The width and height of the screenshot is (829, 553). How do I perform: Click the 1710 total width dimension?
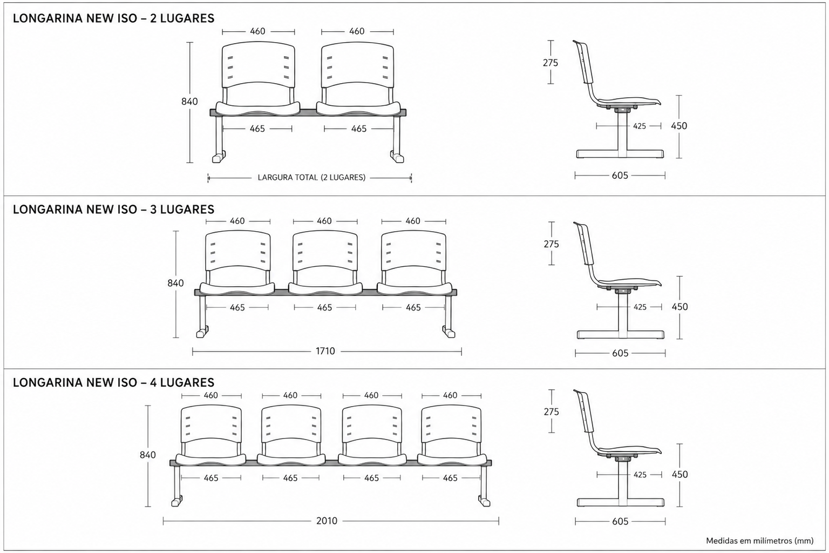(325, 351)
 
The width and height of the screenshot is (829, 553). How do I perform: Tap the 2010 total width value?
(327, 521)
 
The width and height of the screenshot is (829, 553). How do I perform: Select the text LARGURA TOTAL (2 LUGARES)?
(311, 178)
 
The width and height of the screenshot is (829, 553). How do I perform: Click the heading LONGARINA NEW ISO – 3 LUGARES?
(114, 210)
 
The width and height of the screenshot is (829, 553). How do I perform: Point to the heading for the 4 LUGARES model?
(114, 383)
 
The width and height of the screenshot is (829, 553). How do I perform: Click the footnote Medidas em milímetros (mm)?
(760, 541)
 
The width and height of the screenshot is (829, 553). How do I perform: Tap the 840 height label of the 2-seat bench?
(189, 102)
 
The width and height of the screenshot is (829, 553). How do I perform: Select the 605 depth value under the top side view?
(620, 176)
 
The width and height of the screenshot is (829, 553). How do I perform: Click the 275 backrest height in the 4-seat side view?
(552, 412)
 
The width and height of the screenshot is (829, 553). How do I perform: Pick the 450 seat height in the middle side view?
(680, 307)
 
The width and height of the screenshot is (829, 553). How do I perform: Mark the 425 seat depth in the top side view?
(640, 126)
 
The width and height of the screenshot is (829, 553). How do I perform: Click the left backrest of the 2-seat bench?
(259, 65)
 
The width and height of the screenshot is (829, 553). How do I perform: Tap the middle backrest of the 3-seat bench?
(325, 251)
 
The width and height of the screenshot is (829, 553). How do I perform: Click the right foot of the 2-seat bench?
(397, 157)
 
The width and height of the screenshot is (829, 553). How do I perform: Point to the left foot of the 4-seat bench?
(176, 501)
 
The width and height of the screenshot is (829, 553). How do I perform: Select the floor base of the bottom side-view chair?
(621, 502)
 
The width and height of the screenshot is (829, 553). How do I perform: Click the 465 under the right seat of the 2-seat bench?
(358, 129)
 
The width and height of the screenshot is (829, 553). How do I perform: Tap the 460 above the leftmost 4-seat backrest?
(210, 396)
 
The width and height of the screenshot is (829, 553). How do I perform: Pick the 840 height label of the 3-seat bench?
(175, 284)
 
